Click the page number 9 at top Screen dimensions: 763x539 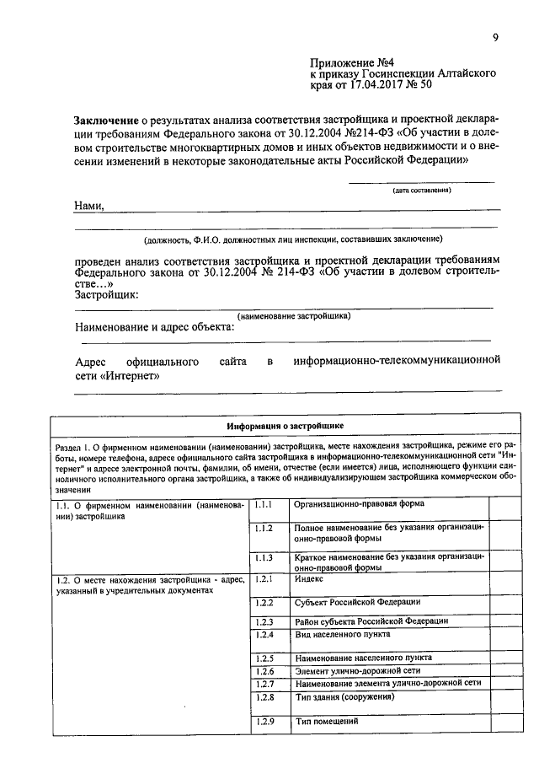[495, 36]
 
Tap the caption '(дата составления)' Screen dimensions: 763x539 [421, 191]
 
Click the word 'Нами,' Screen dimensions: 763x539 [89, 205]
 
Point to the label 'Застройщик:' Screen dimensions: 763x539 [107, 294]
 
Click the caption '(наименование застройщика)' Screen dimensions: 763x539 [294, 316]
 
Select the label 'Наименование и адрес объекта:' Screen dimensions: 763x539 [154, 328]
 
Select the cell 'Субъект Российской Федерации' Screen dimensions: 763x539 [357, 603]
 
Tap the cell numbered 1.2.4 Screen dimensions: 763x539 [265, 633]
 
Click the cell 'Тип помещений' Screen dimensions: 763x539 [327, 723]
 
